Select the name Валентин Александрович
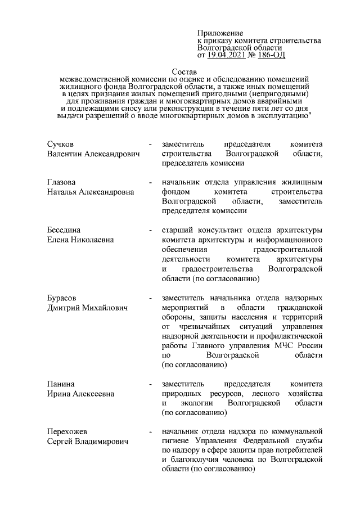[93, 154]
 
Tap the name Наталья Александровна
[91, 192]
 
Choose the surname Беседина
[65, 230]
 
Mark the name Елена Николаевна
[80, 240]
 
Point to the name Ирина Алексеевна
[80, 394]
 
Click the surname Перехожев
[67, 431]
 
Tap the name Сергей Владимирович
[88, 441]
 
